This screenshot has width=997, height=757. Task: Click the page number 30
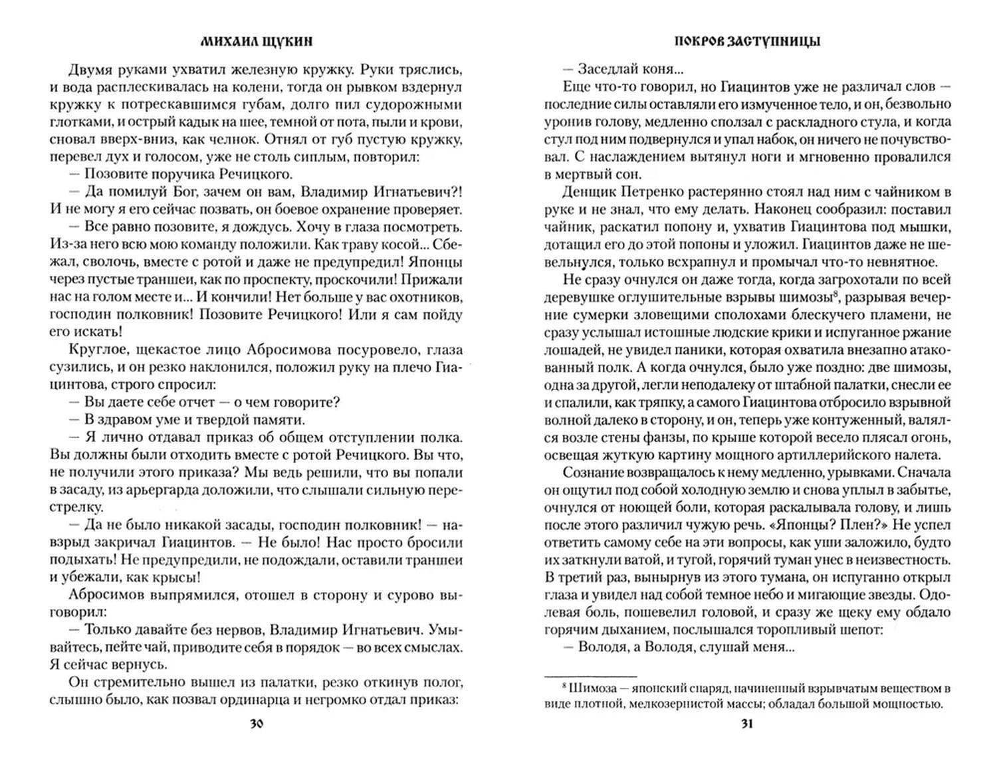(257, 724)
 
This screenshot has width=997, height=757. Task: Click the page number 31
(746, 724)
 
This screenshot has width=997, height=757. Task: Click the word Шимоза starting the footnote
(578, 689)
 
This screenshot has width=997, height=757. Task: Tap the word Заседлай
(607, 68)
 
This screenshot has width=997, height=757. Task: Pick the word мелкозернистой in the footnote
(672, 706)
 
